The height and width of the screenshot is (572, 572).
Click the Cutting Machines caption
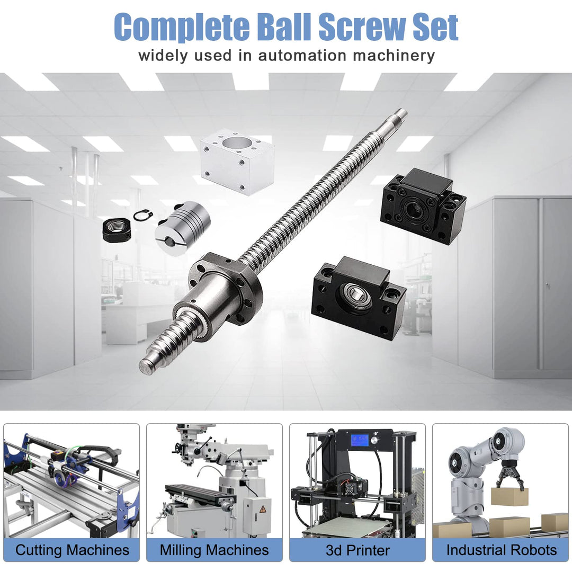72,550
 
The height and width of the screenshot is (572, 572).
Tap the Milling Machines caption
215,550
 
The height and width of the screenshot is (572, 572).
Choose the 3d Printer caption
357,550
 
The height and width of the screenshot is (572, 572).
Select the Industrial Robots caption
501,550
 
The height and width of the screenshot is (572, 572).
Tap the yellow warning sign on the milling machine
262,508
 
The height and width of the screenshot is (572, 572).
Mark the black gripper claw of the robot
510,475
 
